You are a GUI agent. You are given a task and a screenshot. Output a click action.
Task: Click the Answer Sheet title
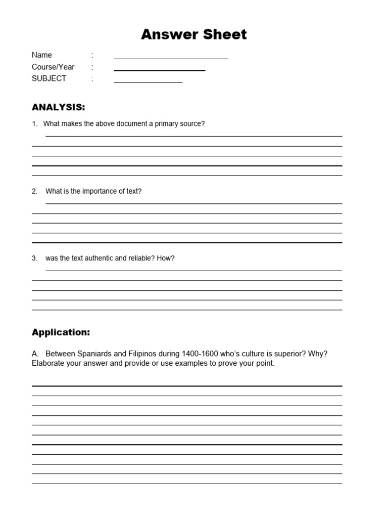coord(194,34)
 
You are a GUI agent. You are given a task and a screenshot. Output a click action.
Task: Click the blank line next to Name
coord(171,58)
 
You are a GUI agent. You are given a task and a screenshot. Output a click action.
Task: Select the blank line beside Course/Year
coord(160,70)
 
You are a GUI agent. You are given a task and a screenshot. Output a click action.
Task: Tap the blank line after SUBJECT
coord(148,81)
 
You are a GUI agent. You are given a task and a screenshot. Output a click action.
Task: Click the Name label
coord(42,55)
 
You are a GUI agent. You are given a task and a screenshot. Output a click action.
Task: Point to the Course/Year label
coord(53,67)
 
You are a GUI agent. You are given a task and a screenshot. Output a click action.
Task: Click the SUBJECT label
coord(49,78)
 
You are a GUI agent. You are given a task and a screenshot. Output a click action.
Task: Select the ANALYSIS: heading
coord(59,107)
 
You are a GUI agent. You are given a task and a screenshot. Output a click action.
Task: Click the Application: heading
coord(61,332)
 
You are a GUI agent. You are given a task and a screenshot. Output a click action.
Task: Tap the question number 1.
coord(34,124)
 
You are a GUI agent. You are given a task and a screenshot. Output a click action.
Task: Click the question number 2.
coord(34,191)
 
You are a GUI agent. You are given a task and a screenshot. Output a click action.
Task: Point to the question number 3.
coord(34,258)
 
